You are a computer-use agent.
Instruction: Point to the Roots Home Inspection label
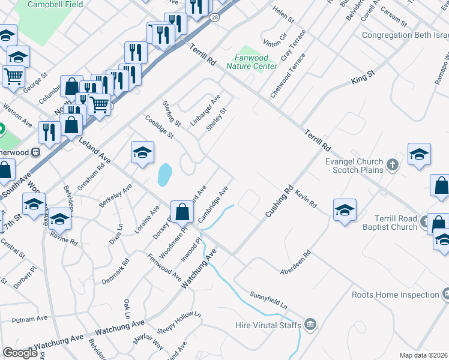(395, 295)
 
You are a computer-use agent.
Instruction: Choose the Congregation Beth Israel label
(405, 35)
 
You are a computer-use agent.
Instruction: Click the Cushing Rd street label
(280, 200)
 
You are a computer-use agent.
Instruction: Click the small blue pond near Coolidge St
(163, 175)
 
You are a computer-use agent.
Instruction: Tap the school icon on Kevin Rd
(345, 210)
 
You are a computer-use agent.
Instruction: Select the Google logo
(20, 353)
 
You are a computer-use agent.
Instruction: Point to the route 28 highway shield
(214, 18)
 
